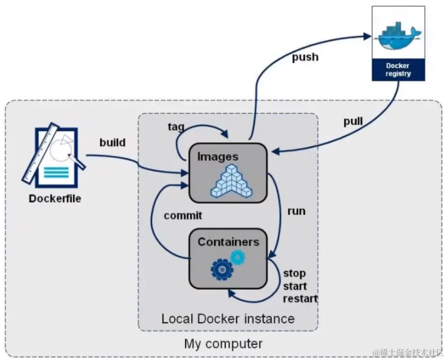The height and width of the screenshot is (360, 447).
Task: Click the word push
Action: click(x=305, y=57)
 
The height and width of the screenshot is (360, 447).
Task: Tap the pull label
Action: click(x=353, y=122)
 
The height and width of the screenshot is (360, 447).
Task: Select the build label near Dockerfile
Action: click(x=112, y=143)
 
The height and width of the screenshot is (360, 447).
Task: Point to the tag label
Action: click(x=175, y=127)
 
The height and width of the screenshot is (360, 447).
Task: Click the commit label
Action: click(x=183, y=216)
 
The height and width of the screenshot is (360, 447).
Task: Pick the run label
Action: click(x=296, y=211)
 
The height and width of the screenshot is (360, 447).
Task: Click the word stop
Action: click(x=294, y=273)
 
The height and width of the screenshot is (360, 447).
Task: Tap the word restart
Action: click(x=300, y=299)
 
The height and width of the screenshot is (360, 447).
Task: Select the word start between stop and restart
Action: click(x=295, y=286)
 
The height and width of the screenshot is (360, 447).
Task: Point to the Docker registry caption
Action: click(x=398, y=69)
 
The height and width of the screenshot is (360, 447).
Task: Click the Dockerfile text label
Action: click(x=55, y=198)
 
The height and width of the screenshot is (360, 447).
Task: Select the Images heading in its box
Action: click(x=218, y=157)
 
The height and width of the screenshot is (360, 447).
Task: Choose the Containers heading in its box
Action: click(x=228, y=242)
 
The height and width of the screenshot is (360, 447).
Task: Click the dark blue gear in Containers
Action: click(x=221, y=269)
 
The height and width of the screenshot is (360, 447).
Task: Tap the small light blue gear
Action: click(x=238, y=257)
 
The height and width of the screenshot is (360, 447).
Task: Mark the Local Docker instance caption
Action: click(x=228, y=318)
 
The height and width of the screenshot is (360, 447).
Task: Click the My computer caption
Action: click(x=223, y=344)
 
